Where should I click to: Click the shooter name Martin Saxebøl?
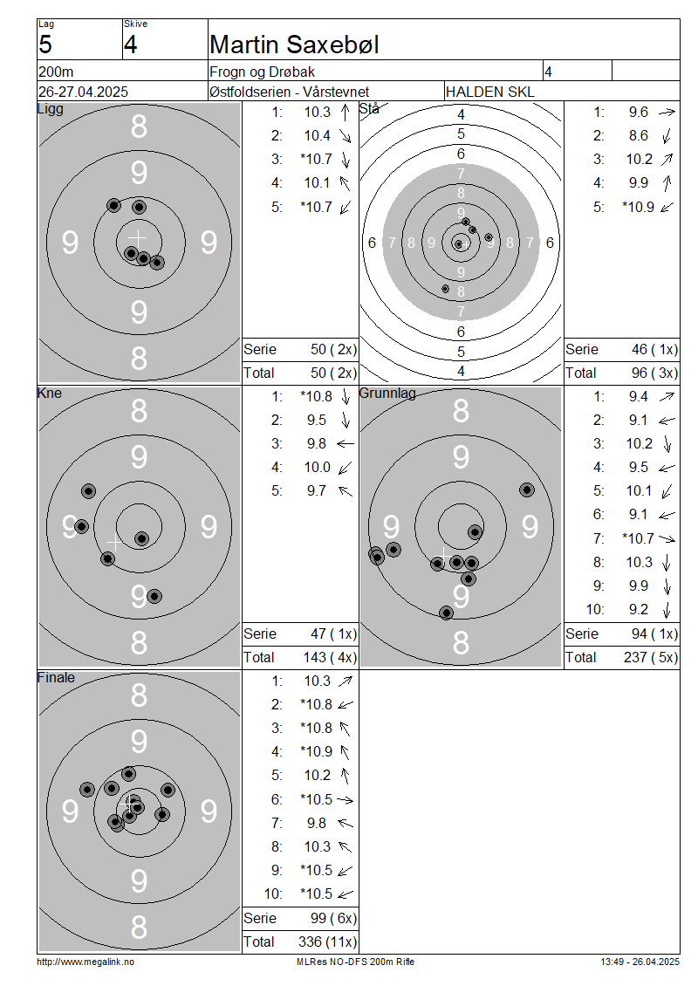coord(294,45)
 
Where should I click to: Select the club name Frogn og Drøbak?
coord(263,72)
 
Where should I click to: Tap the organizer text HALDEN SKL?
coord(489,92)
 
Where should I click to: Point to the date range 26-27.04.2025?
coord(83,92)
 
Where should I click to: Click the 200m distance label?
coord(56,72)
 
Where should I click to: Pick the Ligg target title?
coord(51,109)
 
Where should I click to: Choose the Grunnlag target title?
coord(387,393)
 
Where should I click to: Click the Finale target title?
coord(56,677)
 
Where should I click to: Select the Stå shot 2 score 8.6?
coord(639,135)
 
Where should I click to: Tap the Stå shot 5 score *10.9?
coord(639,207)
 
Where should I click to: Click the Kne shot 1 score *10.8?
coord(317,396)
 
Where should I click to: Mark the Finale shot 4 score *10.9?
coord(317,751)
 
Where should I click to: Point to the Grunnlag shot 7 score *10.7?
coord(639,538)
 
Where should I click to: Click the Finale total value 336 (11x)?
coord(327,941)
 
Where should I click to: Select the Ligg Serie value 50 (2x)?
coord(333,349)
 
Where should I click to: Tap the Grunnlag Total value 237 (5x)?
coord(651,657)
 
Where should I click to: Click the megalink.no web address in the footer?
coord(86,962)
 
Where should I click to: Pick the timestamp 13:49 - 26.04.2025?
coord(640,962)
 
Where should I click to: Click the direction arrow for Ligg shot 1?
coord(346,113)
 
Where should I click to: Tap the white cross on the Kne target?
coord(113,543)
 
